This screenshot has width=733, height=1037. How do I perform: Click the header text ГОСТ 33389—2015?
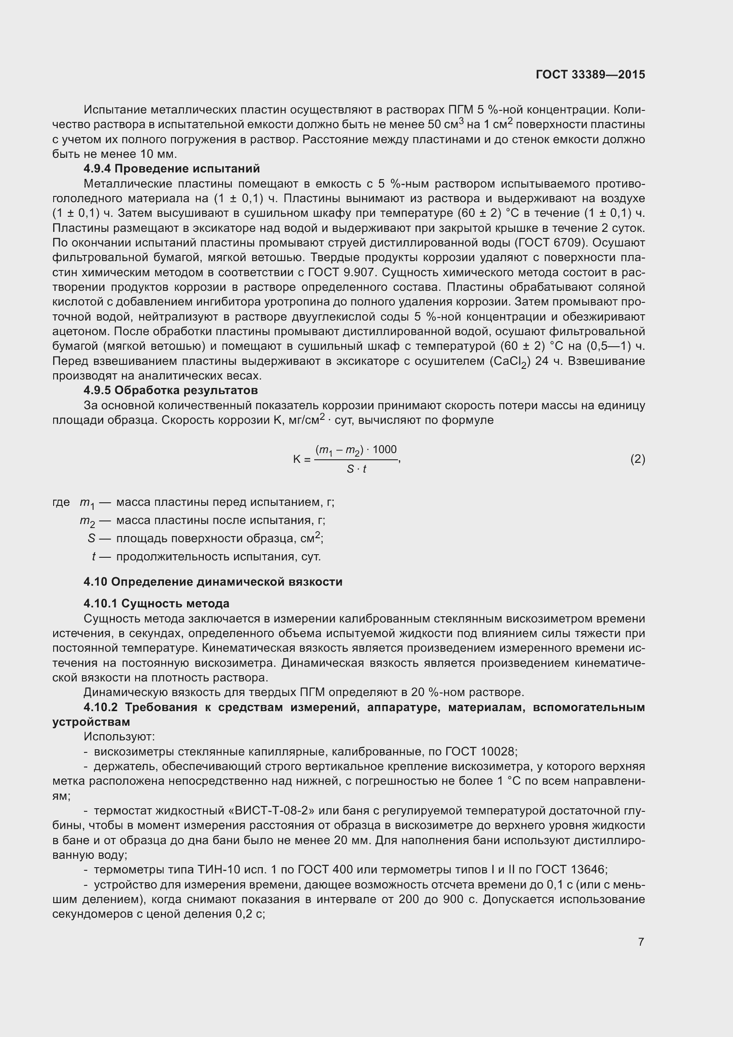click(x=590, y=74)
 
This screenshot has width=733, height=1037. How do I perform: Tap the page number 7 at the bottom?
click(x=641, y=942)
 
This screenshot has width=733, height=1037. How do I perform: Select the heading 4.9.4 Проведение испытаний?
click(x=172, y=168)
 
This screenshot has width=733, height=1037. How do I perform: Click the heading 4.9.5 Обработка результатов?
click(x=171, y=390)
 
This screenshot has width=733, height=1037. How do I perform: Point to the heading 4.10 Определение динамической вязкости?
click(x=213, y=582)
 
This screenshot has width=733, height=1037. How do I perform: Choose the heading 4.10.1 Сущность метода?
click(x=156, y=603)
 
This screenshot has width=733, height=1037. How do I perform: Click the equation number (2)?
click(x=637, y=459)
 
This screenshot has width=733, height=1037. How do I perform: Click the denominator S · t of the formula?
click(x=356, y=469)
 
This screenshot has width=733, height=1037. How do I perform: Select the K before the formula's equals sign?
click(x=296, y=460)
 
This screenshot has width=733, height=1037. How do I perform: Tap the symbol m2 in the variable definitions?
click(x=88, y=521)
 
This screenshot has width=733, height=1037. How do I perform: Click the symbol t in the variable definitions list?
click(x=94, y=556)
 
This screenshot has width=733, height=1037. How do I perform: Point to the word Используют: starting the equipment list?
click(x=119, y=737)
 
